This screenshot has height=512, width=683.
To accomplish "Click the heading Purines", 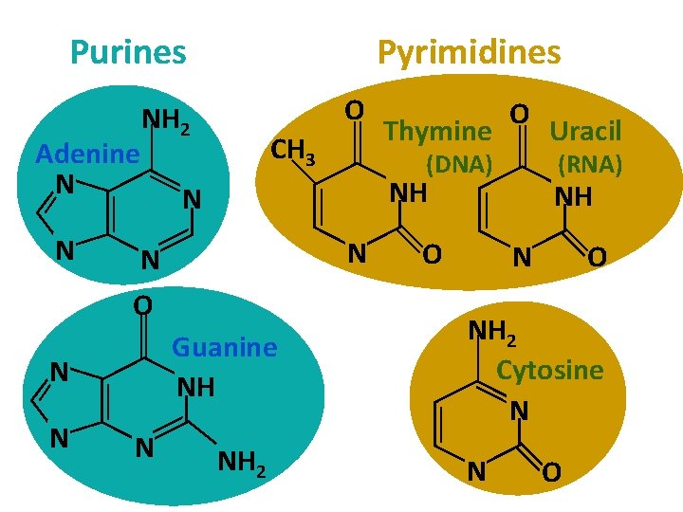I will coord(128,52).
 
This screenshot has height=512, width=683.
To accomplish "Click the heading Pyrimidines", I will coord(469,52).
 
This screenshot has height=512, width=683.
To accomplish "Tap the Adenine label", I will coord(86,154).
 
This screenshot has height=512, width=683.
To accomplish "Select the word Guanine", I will coord(224,347).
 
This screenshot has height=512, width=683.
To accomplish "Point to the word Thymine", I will coord(437,131).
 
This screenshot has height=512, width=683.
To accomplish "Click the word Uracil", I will coord(585,131).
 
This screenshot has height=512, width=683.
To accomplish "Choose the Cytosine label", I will coord(550,369).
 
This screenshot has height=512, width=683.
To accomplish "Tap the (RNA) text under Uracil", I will coord(589,165).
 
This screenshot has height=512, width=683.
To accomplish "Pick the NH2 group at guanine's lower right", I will coord(241,463).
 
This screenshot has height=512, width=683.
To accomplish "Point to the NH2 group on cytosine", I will coord(492,334).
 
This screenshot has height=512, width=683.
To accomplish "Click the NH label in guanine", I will coord(196,388).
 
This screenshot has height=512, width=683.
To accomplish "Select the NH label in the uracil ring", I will coord(573,196).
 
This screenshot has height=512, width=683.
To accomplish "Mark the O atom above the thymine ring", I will coord(353,108).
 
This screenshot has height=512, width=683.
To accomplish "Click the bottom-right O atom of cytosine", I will coord(551,472).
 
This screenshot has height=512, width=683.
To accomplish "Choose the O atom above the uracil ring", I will coord(518,113).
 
